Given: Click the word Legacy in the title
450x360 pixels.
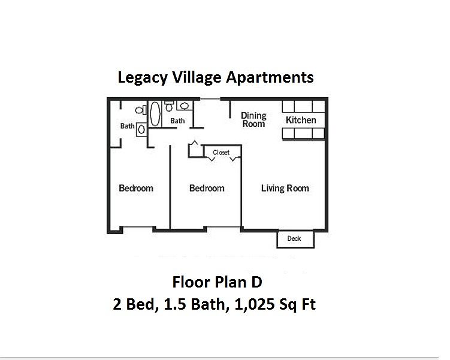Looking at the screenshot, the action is coord(143,78).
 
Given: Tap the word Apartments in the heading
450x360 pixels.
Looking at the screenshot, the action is coord(270,78).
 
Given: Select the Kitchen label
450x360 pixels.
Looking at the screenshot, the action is coord(301,120).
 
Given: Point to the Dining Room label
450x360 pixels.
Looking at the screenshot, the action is coord(253,120).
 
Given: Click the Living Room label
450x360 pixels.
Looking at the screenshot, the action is coord(285,188).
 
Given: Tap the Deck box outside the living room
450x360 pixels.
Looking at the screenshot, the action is coord(295,239).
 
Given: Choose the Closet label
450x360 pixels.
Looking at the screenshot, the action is coord(221,152).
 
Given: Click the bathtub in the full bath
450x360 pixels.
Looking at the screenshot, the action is coord(155,114).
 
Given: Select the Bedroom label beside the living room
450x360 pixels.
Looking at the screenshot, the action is coord(207,188).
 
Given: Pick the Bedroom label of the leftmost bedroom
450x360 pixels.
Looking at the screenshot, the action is coord(136,188).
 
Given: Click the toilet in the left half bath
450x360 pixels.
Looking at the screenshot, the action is coord(141,110).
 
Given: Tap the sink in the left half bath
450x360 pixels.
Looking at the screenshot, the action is coord(141,129).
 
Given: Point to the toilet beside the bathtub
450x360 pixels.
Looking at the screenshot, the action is coord(169,106).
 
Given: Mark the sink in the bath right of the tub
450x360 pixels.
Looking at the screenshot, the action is coord(185,105).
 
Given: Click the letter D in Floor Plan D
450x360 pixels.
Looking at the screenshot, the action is coord(257,282).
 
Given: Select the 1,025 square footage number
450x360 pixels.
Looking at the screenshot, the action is coord(255,304).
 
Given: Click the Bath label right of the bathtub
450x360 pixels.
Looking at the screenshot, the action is coord(177,121).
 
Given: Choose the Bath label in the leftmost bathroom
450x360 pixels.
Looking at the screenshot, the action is coord(127,126).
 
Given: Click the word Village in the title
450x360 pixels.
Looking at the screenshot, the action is coord(197,78).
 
